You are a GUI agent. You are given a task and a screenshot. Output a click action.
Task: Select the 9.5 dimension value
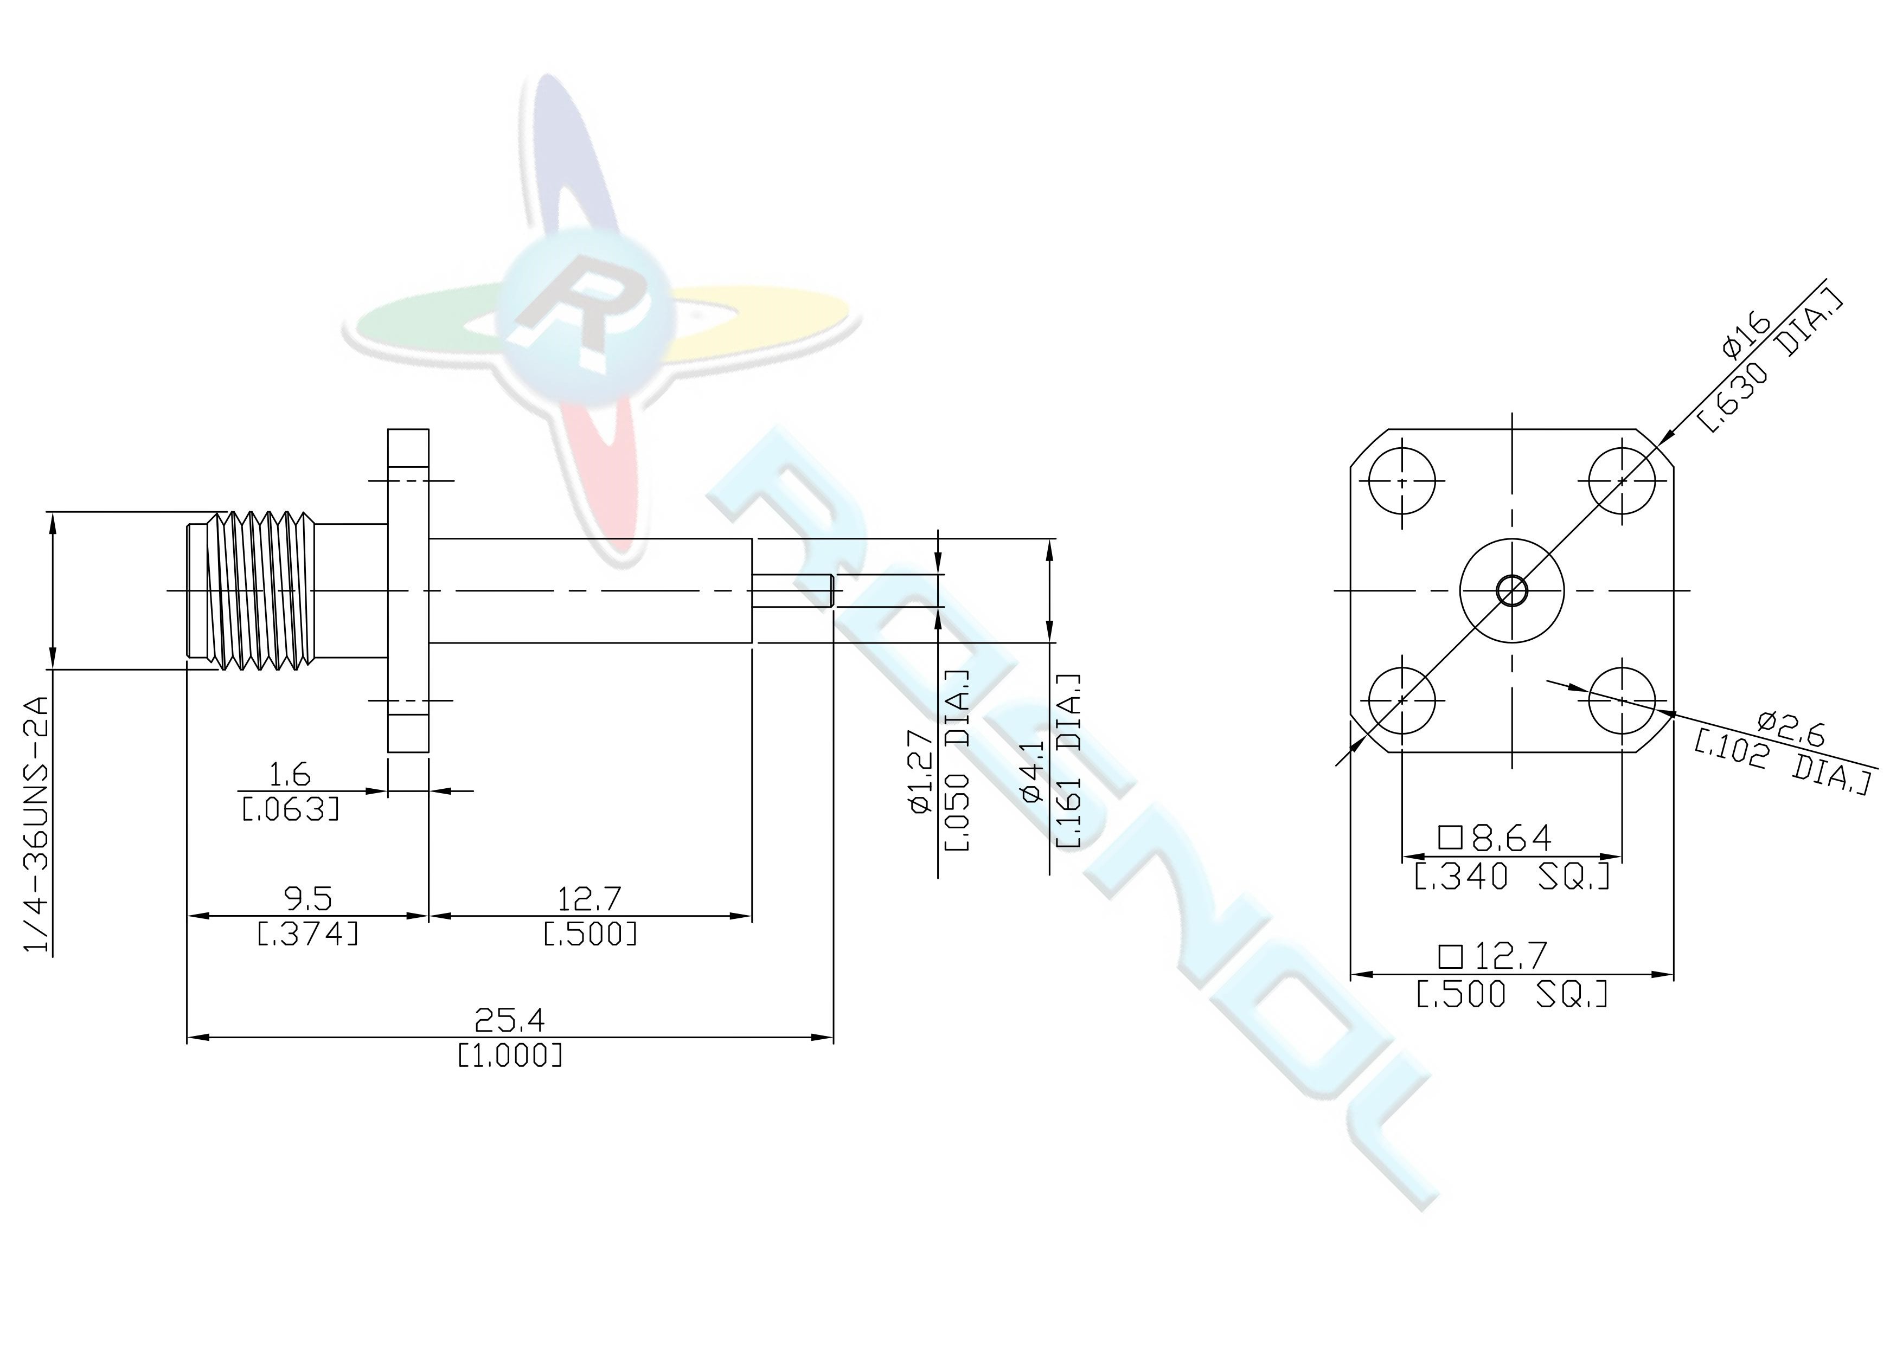307,898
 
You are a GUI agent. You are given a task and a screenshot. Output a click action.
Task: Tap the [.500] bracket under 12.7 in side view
590,934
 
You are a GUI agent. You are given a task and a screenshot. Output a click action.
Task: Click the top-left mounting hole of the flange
1401,481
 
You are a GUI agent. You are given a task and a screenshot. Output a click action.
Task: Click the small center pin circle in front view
1512,591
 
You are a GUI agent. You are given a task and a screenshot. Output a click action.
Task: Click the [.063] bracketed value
291,809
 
